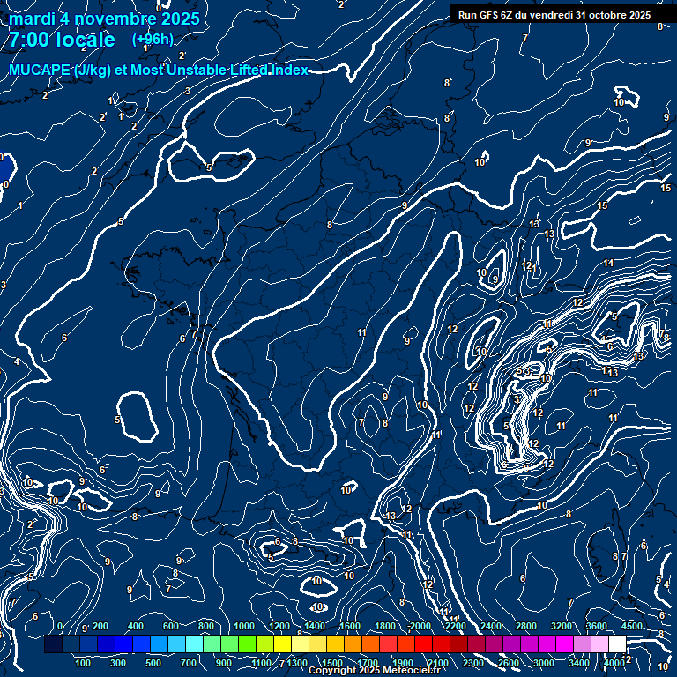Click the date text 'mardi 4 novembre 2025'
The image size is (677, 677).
pos(104,19)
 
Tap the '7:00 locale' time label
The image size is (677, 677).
pos(62,40)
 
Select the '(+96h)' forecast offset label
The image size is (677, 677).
pos(153,40)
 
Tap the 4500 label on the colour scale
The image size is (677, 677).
pos(632,626)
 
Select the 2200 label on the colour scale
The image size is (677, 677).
pos(456,626)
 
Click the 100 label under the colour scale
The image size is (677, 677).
pos(84,663)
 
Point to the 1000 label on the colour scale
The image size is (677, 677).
pos(244,626)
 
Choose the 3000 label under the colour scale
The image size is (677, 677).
pos(544,663)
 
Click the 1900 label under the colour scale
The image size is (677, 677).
pos(403,663)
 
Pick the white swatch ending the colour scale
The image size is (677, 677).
pos(617,644)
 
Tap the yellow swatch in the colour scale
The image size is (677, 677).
pos(300,644)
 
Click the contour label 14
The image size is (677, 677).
pos(609,264)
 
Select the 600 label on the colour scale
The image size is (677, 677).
pos(171,626)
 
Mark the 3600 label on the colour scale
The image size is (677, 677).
pos(597,626)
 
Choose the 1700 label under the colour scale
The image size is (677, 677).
pos(368,663)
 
